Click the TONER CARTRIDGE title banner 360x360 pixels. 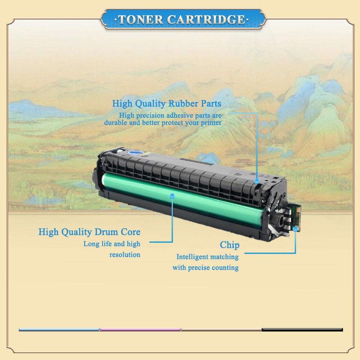pos(183,19)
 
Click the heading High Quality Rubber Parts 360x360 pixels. pos(166,103)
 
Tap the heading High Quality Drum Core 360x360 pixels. pos(89,232)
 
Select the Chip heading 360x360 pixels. pos(229,245)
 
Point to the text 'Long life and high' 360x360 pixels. pos(112,244)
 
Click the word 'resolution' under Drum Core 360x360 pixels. pos(125,255)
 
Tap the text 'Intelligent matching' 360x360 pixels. pos(207,257)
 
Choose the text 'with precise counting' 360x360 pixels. pos(205,267)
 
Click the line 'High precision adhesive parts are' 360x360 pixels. pos(170,115)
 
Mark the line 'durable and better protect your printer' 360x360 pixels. pos(163,123)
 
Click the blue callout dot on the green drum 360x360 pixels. pos(172,195)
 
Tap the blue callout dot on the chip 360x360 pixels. pos(295,228)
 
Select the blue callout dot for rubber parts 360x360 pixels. pos(257,181)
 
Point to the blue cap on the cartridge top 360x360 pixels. pos(136,153)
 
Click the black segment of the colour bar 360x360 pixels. pos(302,330)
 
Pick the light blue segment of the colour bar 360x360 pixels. pos(59,330)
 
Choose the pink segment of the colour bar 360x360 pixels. pos(140,330)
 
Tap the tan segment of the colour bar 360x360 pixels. pos(221,330)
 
